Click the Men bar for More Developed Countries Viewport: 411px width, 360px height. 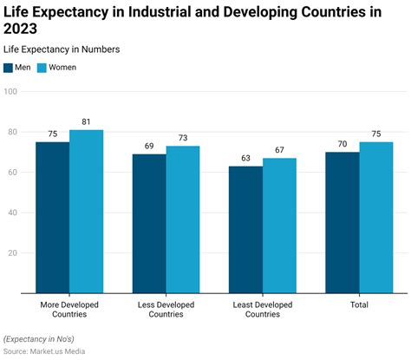52,218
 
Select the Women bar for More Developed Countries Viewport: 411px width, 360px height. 86,212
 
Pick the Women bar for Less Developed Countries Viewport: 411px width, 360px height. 183,220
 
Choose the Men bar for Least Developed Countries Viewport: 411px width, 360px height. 245,230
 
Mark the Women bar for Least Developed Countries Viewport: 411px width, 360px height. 279,226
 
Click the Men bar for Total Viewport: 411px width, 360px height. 342,223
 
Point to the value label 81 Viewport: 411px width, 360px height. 86,122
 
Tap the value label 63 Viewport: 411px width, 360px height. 245,159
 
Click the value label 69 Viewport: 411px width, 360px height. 149,147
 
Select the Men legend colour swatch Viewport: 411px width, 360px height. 9,67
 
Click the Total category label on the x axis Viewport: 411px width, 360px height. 359,304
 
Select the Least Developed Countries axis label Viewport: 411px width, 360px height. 263,310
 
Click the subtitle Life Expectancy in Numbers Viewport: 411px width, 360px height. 62,49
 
